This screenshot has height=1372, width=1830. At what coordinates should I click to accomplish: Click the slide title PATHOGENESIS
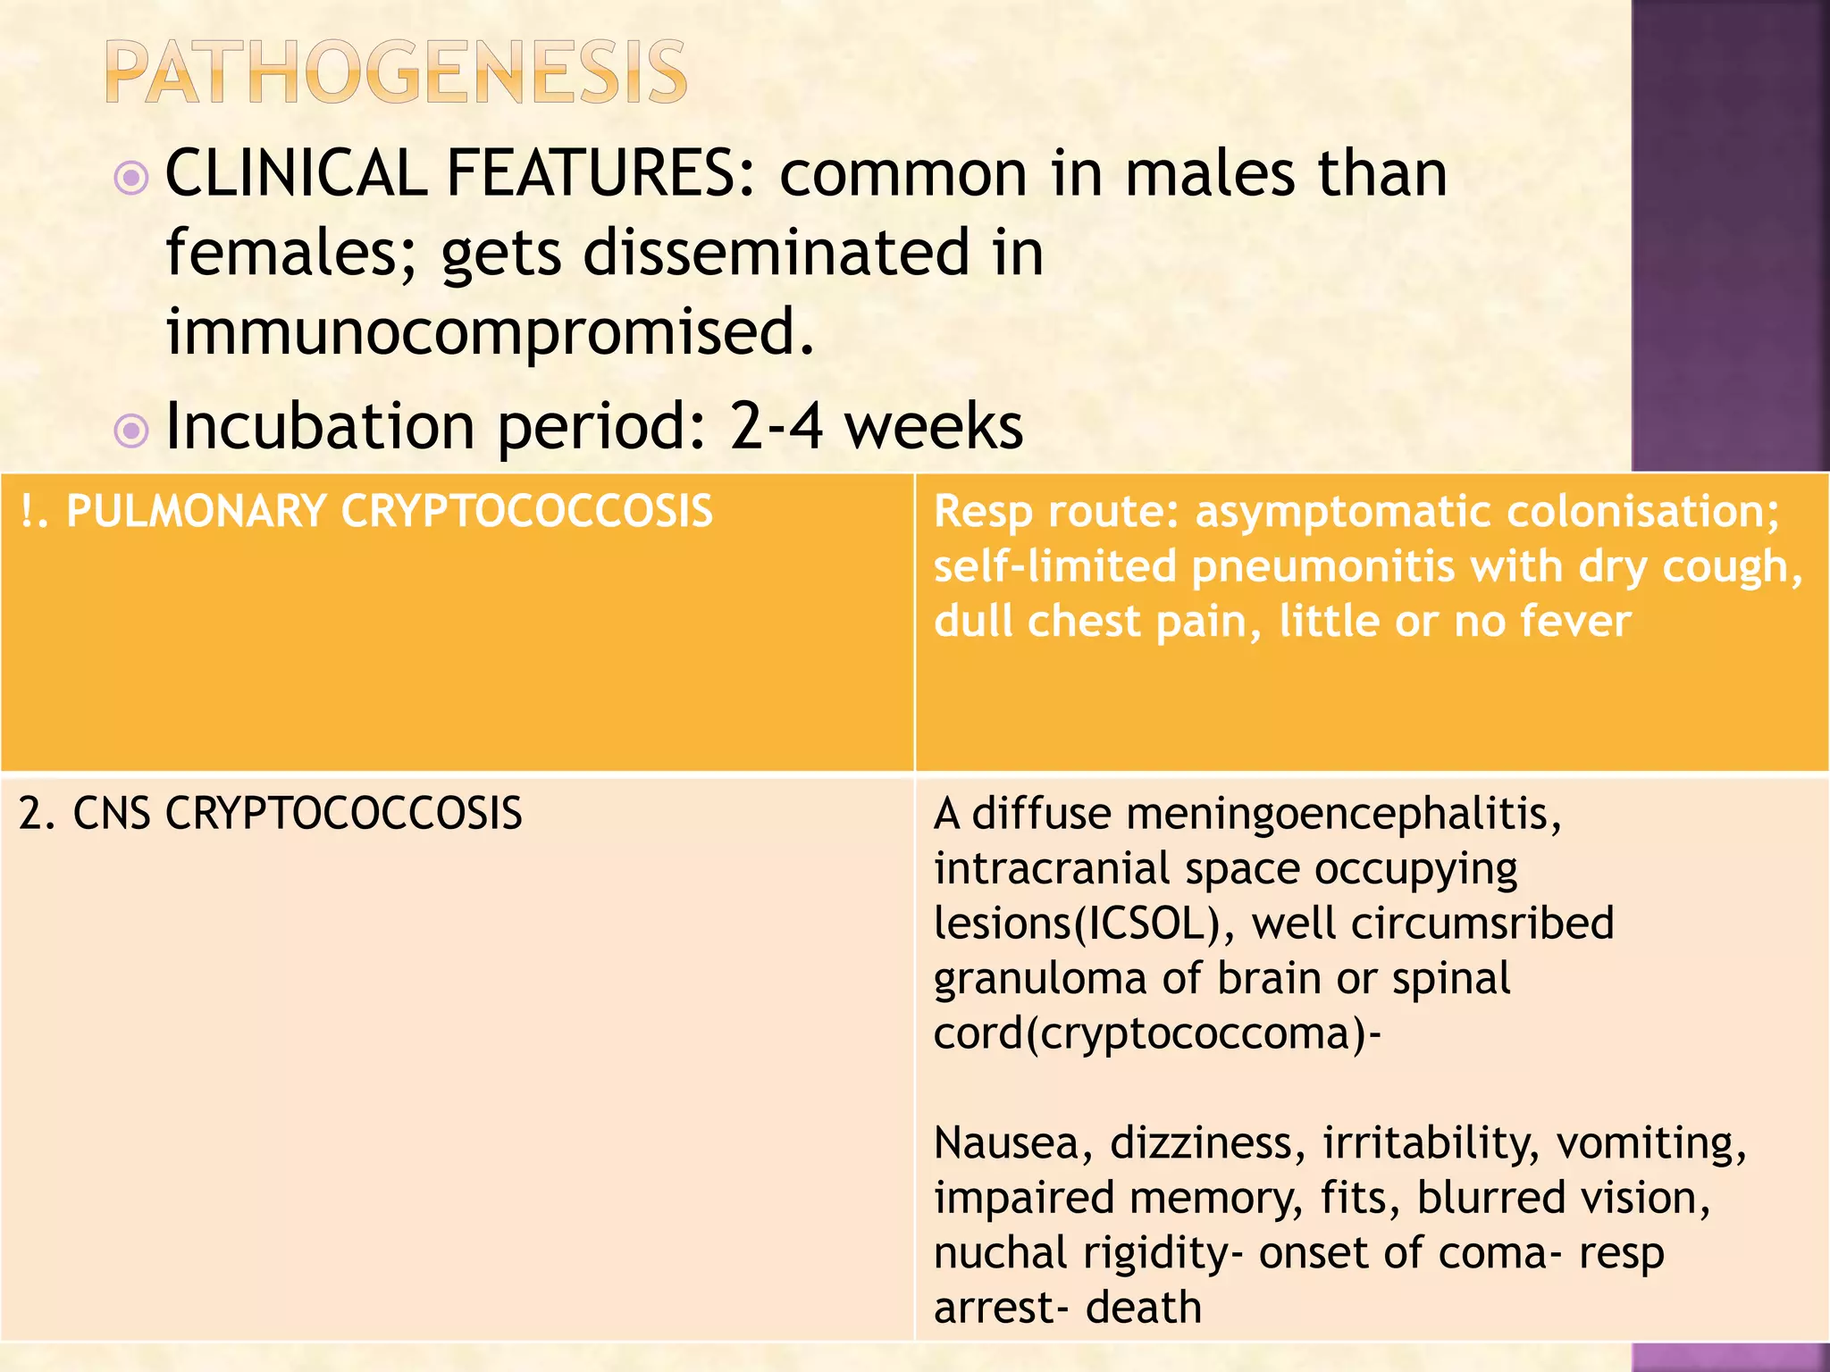pyautogui.click(x=396, y=72)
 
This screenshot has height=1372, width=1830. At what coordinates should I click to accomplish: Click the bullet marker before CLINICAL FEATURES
pyautogui.click(x=132, y=178)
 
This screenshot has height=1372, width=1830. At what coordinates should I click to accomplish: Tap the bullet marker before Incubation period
pyautogui.click(x=132, y=431)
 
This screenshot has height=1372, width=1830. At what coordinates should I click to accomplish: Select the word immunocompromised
pyautogui.click(x=490, y=331)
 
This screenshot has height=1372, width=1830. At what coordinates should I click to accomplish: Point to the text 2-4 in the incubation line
pyautogui.click(x=776, y=426)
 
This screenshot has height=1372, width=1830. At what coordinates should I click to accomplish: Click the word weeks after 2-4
pyautogui.click(x=934, y=426)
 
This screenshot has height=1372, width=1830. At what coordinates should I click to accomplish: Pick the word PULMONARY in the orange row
pyautogui.click(x=196, y=512)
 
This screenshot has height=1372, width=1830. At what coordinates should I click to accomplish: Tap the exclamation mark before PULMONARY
pyautogui.click(x=27, y=512)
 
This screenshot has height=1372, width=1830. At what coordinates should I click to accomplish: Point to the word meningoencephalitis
pyautogui.click(x=1266, y=814)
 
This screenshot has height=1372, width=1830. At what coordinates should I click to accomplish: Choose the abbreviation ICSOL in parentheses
pyautogui.click(x=1146, y=924)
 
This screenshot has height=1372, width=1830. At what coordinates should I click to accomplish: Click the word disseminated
pyautogui.click(x=776, y=253)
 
